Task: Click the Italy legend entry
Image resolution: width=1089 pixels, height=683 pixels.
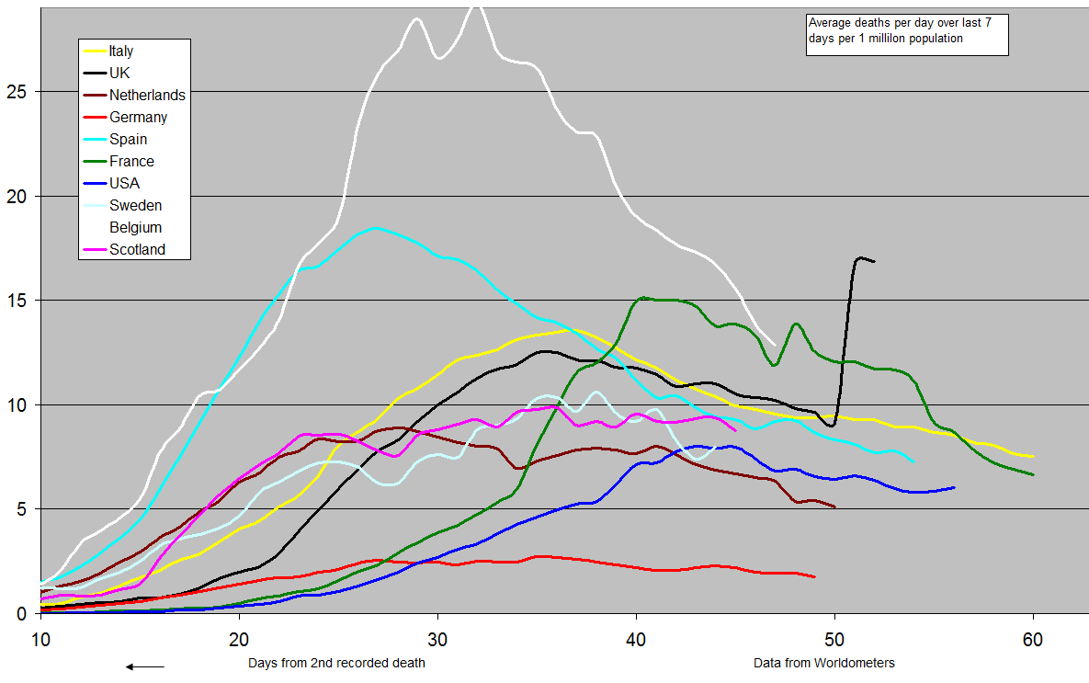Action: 120,51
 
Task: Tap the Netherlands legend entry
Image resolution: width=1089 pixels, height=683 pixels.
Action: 147,96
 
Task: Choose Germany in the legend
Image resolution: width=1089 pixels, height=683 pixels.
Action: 138,118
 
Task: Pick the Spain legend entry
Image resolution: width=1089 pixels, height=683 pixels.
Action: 128,140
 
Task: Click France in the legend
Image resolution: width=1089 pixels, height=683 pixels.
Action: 131,162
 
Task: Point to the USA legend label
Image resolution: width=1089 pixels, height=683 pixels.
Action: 124,184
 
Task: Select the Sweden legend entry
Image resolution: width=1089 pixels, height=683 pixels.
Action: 135,206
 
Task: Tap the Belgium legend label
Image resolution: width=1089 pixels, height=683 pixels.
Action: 135,228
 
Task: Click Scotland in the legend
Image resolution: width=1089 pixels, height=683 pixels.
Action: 137,250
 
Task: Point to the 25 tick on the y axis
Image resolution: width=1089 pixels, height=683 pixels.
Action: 19,92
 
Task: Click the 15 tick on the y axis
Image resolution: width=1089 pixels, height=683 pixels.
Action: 19,301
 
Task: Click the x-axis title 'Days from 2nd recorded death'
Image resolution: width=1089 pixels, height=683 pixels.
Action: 337,663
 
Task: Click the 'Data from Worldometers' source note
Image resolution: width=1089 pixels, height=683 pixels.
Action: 823,663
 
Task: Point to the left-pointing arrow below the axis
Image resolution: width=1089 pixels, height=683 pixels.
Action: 145,666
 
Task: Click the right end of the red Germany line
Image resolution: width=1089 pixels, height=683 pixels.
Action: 814,576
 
